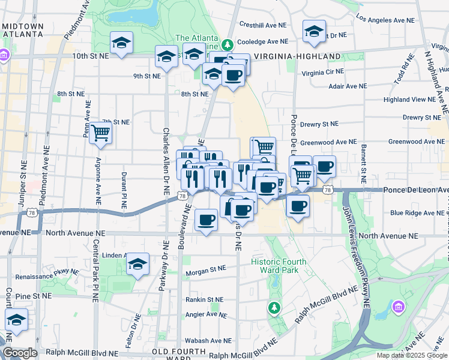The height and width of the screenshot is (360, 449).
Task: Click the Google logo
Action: (x=20, y=353)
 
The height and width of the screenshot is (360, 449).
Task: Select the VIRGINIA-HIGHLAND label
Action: (x=297, y=56)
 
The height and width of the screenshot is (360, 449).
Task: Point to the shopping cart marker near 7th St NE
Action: (x=101, y=133)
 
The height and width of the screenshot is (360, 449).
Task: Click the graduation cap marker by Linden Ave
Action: (x=137, y=264)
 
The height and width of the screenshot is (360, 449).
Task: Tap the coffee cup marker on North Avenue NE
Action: (x=206, y=220)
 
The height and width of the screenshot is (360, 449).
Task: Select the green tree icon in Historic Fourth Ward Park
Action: (x=274, y=307)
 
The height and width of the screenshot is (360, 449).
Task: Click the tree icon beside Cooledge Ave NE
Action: (x=228, y=44)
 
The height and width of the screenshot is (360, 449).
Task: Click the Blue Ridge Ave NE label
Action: (x=415, y=212)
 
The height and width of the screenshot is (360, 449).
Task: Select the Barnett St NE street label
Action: (x=363, y=164)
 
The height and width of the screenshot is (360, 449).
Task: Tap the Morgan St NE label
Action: (x=205, y=269)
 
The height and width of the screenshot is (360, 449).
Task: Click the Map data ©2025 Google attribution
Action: (x=411, y=355)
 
